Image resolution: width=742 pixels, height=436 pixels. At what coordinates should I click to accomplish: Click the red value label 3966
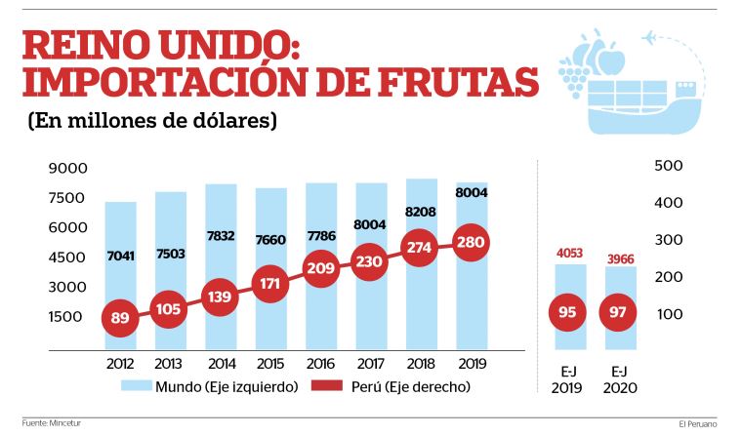pos(621,258)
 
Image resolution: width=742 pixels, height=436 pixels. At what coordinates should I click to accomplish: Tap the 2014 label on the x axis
pos(221,362)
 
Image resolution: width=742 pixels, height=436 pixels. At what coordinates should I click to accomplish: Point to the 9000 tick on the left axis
pos(67,169)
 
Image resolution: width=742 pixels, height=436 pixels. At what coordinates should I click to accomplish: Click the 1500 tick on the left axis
pos(67,316)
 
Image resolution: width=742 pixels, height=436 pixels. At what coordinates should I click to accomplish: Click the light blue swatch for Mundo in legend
pos(136,386)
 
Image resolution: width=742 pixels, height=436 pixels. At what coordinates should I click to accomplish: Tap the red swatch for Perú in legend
pos(326,386)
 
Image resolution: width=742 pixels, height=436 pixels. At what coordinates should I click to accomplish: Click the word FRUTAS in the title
pos(454,83)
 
